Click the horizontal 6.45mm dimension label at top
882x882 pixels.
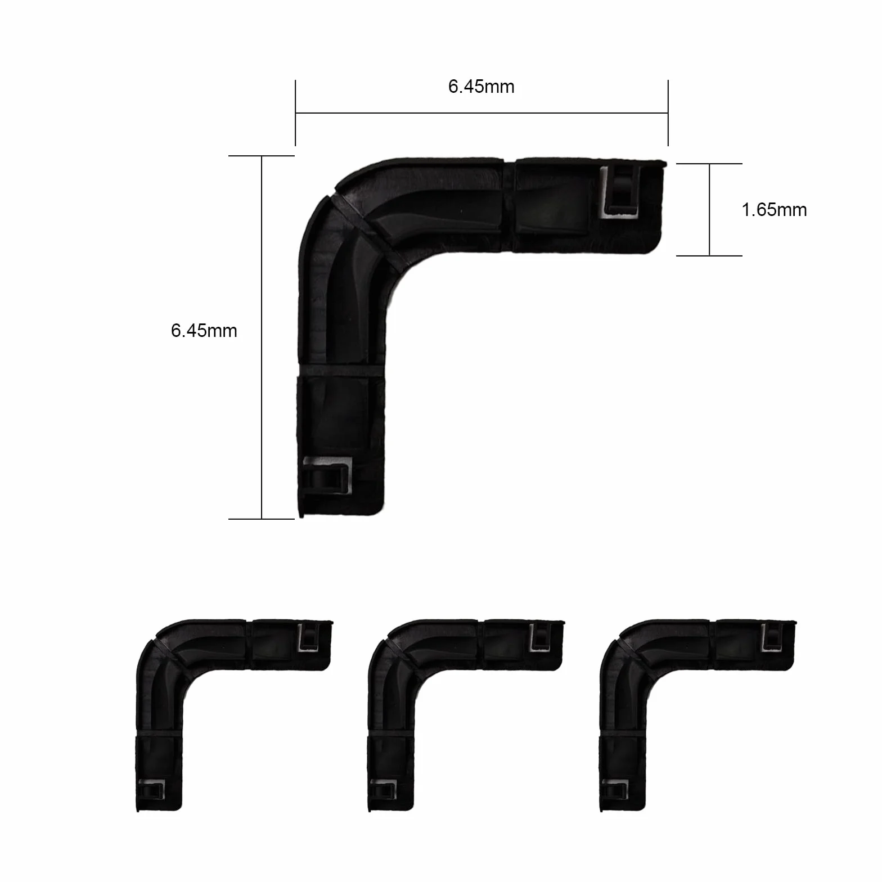click(x=481, y=87)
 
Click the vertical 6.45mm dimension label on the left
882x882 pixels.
click(x=204, y=331)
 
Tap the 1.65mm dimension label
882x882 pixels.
click(x=774, y=210)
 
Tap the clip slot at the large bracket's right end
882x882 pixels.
click(x=621, y=191)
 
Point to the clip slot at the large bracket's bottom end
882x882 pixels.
click(x=328, y=475)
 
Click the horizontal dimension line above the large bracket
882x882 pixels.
click(x=481, y=113)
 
